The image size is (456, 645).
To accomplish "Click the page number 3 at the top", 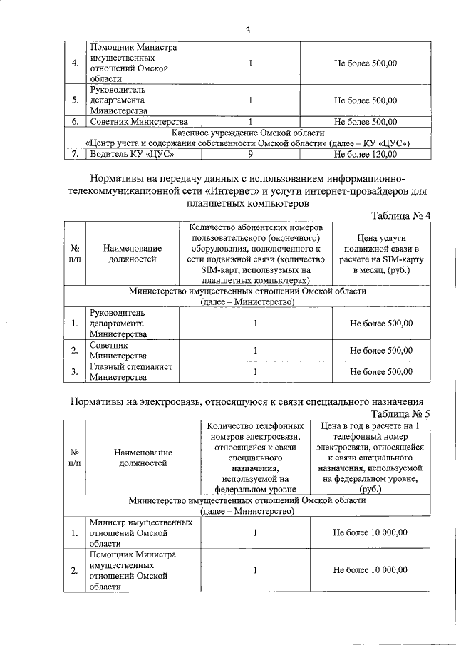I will pyautogui.click(x=247, y=30).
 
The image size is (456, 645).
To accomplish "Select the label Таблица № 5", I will pyautogui.click(x=401, y=413).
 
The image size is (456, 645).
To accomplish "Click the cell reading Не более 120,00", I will pyautogui.click(x=366, y=153).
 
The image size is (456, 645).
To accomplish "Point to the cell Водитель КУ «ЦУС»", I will pyautogui.click(x=132, y=153).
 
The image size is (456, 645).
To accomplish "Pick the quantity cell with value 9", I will pyautogui.click(x=251, y=153).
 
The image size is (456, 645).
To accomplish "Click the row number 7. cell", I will pyautogui.click(x=74, y=153).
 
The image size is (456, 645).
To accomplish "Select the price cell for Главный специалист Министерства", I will pyautogui.click(x=381, y=371).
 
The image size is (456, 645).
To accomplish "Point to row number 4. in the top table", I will pyautogui.click(x=74, y=63).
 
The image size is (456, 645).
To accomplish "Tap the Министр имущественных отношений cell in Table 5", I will pyautogui.click(x=140, y=532).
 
